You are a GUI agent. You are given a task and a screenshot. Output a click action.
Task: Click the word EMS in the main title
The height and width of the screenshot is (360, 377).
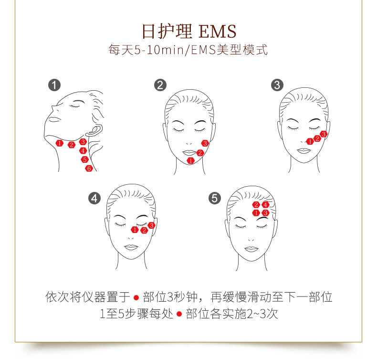click(217, 32)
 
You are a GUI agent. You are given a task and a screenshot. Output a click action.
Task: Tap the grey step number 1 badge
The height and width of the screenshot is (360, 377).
click(55, 85)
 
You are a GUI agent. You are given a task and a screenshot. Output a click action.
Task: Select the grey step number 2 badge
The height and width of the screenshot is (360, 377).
click(160, 85)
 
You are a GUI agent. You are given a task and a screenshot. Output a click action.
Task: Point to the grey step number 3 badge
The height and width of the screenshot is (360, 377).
click(277, 85)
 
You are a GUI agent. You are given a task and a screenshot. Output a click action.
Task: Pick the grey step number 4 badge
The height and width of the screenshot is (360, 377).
click(95, 198)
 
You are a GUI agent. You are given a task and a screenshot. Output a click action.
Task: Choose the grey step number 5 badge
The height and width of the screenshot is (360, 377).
click(215, 198)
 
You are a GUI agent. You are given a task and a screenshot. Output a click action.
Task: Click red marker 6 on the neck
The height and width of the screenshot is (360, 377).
click(89, 168)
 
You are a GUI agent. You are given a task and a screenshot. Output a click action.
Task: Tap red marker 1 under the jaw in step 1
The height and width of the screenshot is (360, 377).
click(60, 143)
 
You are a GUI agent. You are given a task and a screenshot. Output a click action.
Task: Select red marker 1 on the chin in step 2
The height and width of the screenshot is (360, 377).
click(190, 160)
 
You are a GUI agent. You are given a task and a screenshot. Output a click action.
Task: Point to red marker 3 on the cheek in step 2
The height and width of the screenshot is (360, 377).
click(205, 143)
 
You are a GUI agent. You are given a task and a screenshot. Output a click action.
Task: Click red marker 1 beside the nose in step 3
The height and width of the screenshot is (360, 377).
click(310, 141)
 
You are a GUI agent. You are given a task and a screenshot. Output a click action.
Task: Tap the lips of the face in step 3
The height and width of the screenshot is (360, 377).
click(304, 151)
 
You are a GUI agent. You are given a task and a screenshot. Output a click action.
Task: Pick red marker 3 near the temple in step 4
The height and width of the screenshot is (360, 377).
click(152, 225)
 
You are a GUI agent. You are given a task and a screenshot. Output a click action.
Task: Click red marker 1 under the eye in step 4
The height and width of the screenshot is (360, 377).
click(135, 230)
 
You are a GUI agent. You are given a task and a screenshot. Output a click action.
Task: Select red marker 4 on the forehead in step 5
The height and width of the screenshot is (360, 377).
click(266, 205)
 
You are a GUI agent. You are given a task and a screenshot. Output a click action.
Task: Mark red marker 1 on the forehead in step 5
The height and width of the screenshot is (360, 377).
click(256, 212)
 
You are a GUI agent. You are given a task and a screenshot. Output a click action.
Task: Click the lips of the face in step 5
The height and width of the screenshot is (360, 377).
click(251, 249)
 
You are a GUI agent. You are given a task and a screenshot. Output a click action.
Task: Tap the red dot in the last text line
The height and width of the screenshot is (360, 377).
click(179, 314)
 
